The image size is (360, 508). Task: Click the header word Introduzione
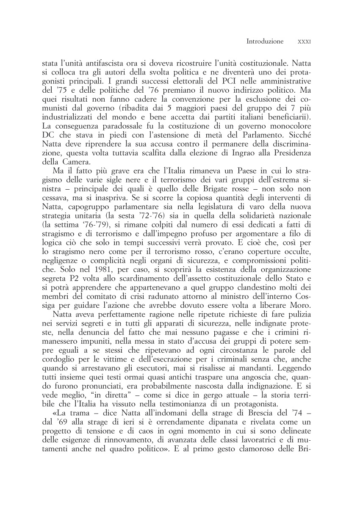pyautogui.click(x=265, y=41)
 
